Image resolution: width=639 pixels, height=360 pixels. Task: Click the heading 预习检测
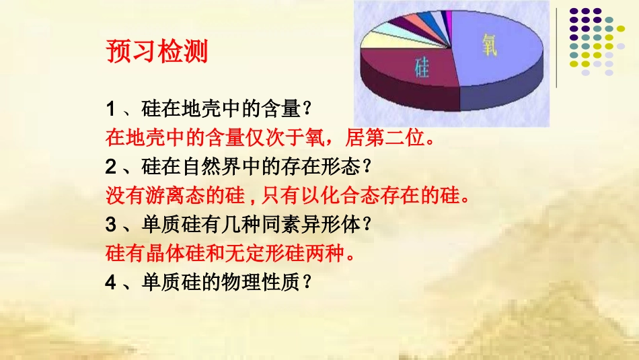[x=157, y=51]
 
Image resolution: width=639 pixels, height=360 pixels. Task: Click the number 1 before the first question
[x=111, y=108]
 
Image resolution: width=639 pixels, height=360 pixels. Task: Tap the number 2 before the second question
[x=111, y=166]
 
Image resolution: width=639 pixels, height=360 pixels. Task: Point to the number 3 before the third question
[x=111, y=224]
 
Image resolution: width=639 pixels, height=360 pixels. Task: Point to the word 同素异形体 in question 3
[x=319, y=224]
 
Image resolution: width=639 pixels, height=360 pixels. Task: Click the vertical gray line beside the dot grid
[x=556, y=47]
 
